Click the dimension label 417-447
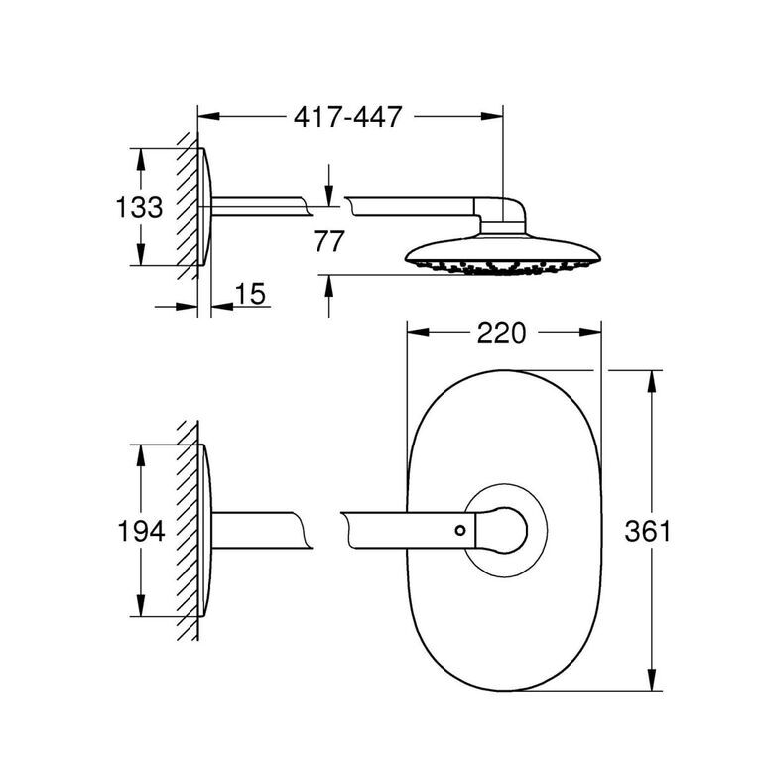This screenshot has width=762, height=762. point(348,117)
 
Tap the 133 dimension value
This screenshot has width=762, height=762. point(139,207)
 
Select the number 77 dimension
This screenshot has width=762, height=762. point(329,241)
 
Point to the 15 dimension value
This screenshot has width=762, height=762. point(250,294)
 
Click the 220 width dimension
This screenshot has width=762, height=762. point(501,333)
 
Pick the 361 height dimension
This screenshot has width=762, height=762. point(647,531)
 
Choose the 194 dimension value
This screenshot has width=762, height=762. point(142,531)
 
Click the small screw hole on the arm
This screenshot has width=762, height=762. point(460,530)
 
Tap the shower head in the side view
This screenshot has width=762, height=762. point(502,254)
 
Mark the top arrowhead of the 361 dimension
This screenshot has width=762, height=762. point(652,381)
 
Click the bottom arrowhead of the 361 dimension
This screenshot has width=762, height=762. point(652,679)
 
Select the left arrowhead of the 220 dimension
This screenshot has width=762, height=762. point(418,333)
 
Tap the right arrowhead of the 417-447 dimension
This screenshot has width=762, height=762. point(492,116)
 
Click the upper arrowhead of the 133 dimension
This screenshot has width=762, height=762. point(141,160)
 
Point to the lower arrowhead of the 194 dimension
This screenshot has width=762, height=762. point(141,605)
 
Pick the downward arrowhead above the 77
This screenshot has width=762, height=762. point(329,195)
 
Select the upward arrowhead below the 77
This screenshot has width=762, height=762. point(329,286)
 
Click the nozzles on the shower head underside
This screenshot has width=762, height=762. point(502,267)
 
